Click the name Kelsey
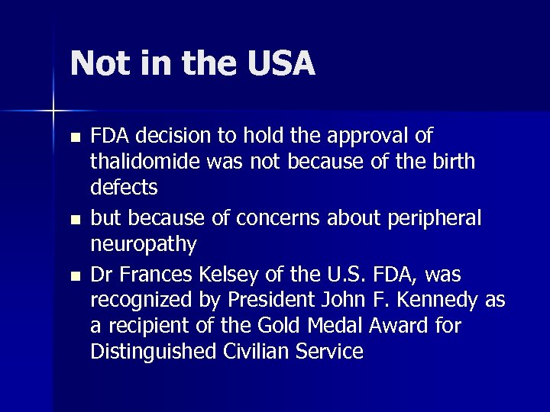pyautogui.click(x=235, y=273)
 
